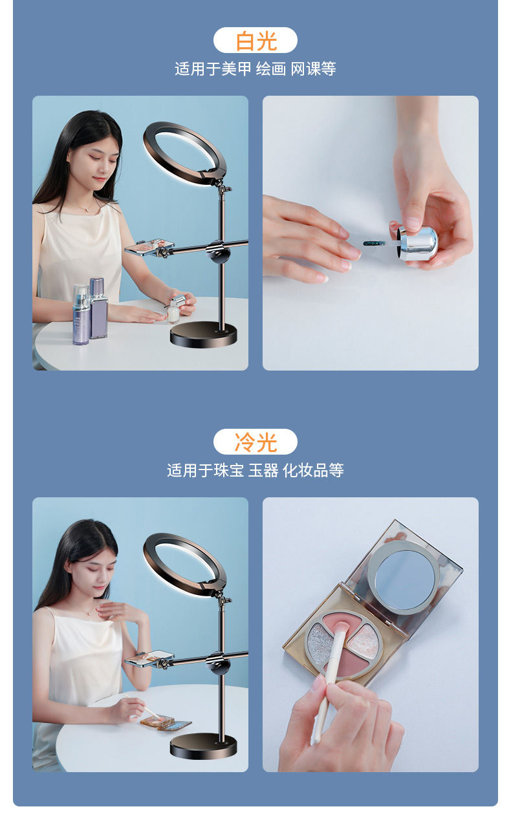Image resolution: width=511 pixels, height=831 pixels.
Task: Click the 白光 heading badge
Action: [x=255, y=41]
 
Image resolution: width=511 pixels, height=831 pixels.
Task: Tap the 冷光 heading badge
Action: [x=255, y=442]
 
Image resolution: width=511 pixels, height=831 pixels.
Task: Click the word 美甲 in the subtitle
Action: [x=236, y=69]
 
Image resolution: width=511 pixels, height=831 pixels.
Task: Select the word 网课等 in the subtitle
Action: [x=313, y=69]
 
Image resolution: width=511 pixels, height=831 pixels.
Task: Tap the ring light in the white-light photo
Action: [x=184, y=153]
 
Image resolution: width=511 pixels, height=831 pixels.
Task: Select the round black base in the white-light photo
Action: [x=204, y=335]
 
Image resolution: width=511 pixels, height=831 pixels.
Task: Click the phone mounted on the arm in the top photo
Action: [x=149, y=248]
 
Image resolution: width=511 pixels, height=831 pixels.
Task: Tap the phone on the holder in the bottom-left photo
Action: [x=149, y=659]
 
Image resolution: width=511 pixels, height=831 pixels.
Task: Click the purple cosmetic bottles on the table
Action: [x=89, y=314]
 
